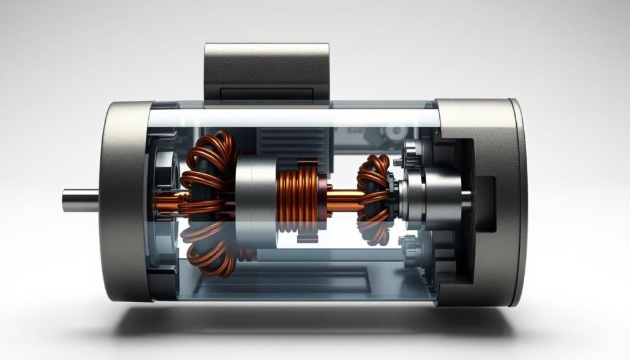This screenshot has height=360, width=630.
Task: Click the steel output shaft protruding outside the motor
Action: click(x=80, y=200)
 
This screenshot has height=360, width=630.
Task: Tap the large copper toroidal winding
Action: click(x=206, y=203)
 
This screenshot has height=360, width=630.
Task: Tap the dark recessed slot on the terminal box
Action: click(x=266, y=94)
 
